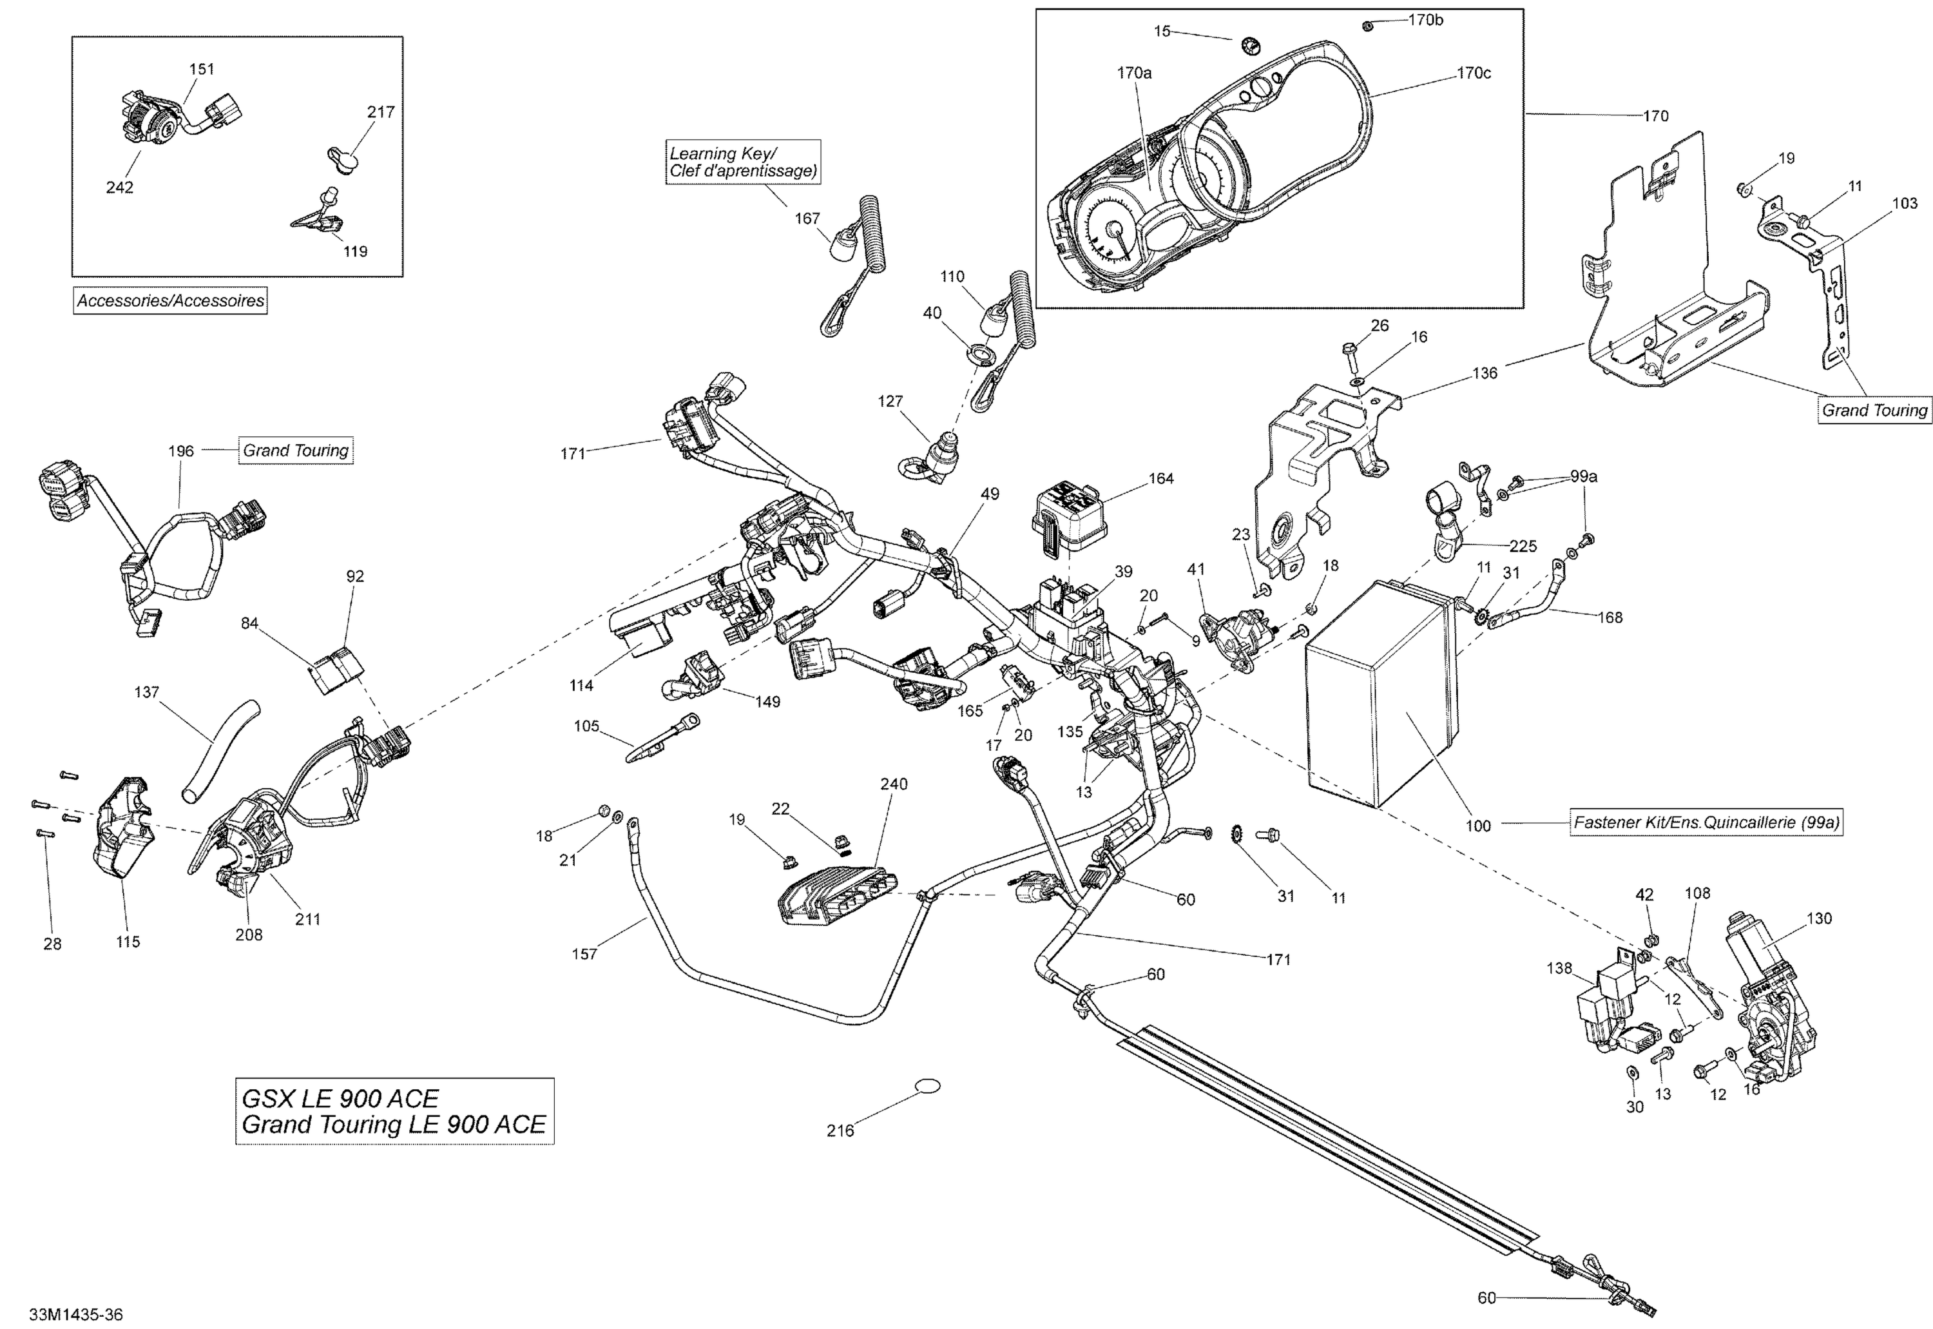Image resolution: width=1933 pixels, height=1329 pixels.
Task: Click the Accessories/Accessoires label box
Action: pos(170,300)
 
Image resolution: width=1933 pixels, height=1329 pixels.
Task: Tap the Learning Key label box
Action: pos(742,162)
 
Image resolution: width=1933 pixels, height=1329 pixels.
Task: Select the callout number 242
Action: pos(119,188)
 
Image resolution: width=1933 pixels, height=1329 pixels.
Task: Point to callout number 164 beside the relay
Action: pos(1160,479)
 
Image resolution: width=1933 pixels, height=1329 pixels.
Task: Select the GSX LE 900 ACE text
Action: pos(340,1098)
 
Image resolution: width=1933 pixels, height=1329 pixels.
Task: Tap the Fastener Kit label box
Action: pos(1706,822)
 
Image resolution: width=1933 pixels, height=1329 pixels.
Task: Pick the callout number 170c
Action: pos(1474,73)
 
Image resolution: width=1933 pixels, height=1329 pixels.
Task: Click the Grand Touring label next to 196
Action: pos(296,451)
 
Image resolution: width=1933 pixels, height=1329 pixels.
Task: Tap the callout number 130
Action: pos(1819,918)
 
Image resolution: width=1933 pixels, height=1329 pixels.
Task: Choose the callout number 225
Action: pos(1523,547)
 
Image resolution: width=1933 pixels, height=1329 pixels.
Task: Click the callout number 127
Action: pos(890,402)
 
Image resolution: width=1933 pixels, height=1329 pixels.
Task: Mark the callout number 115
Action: pos(128,942)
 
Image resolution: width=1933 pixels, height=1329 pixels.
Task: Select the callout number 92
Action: pos(356,576)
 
